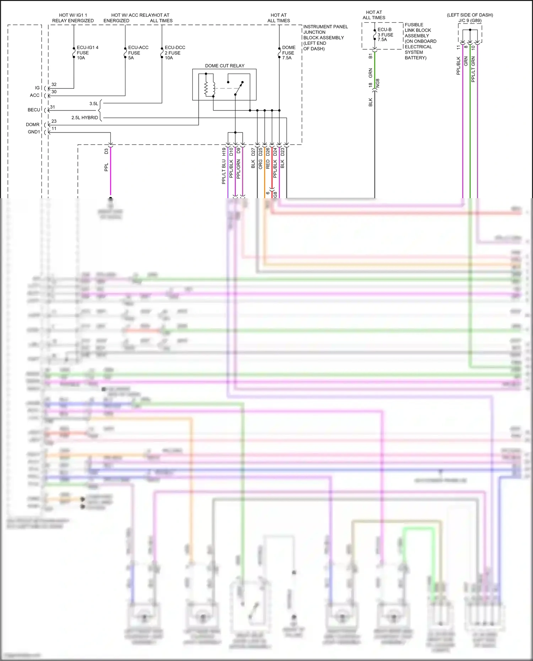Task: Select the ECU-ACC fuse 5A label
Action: tap(138, 53)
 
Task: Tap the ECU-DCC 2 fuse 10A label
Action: tap(174, 53)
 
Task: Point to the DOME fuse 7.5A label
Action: tap(289, 53)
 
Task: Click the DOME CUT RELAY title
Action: tap(225, 66)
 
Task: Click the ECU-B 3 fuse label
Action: tap(385, 35)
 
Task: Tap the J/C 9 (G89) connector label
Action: tap(470, 21)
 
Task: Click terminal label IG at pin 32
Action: tap(37, 88)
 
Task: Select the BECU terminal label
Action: tap(34, 110)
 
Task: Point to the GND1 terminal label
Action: tap(34, 132)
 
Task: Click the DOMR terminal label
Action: tap(33, 125)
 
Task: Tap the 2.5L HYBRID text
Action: tap(85, 118)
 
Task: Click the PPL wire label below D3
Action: tap(106, 167)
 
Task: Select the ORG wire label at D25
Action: tap(260, 164)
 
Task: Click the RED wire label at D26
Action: tap(268, 164)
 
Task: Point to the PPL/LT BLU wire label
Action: tap(224, 172)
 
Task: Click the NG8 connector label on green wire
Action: tap(378, 83)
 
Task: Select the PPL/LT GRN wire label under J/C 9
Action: tap(473, 70)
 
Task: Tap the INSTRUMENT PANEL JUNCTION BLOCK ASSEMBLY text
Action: tap(325, 38)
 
